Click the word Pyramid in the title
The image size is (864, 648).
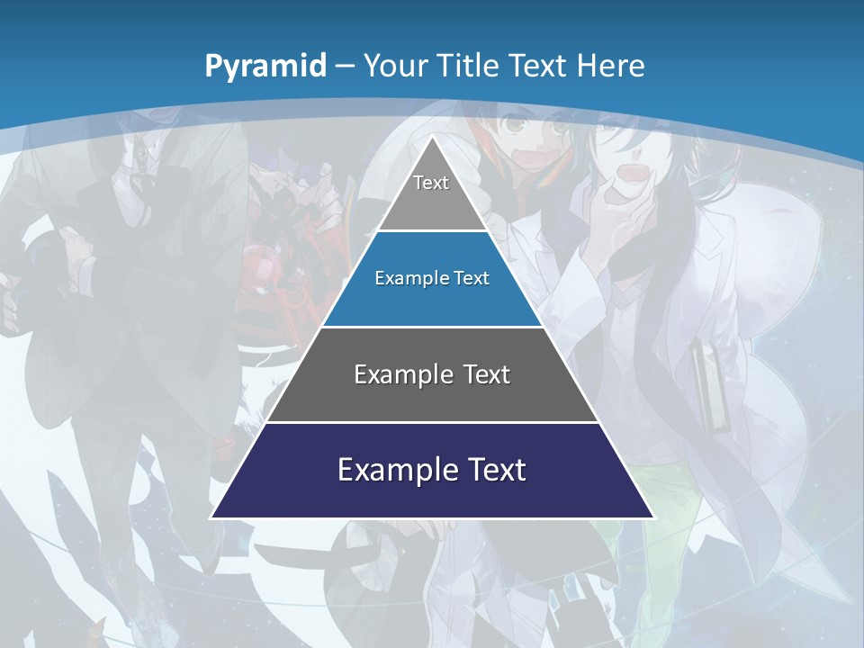(x=265, y=66)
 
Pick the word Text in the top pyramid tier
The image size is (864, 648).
(x=431, y=183)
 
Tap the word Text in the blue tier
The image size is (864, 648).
(x=470, y=278)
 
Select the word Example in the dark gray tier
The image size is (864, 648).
(x=392, y=374)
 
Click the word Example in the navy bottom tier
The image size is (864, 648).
(x=382, y=470)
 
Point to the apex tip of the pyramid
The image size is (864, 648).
(x=432, y=138)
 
